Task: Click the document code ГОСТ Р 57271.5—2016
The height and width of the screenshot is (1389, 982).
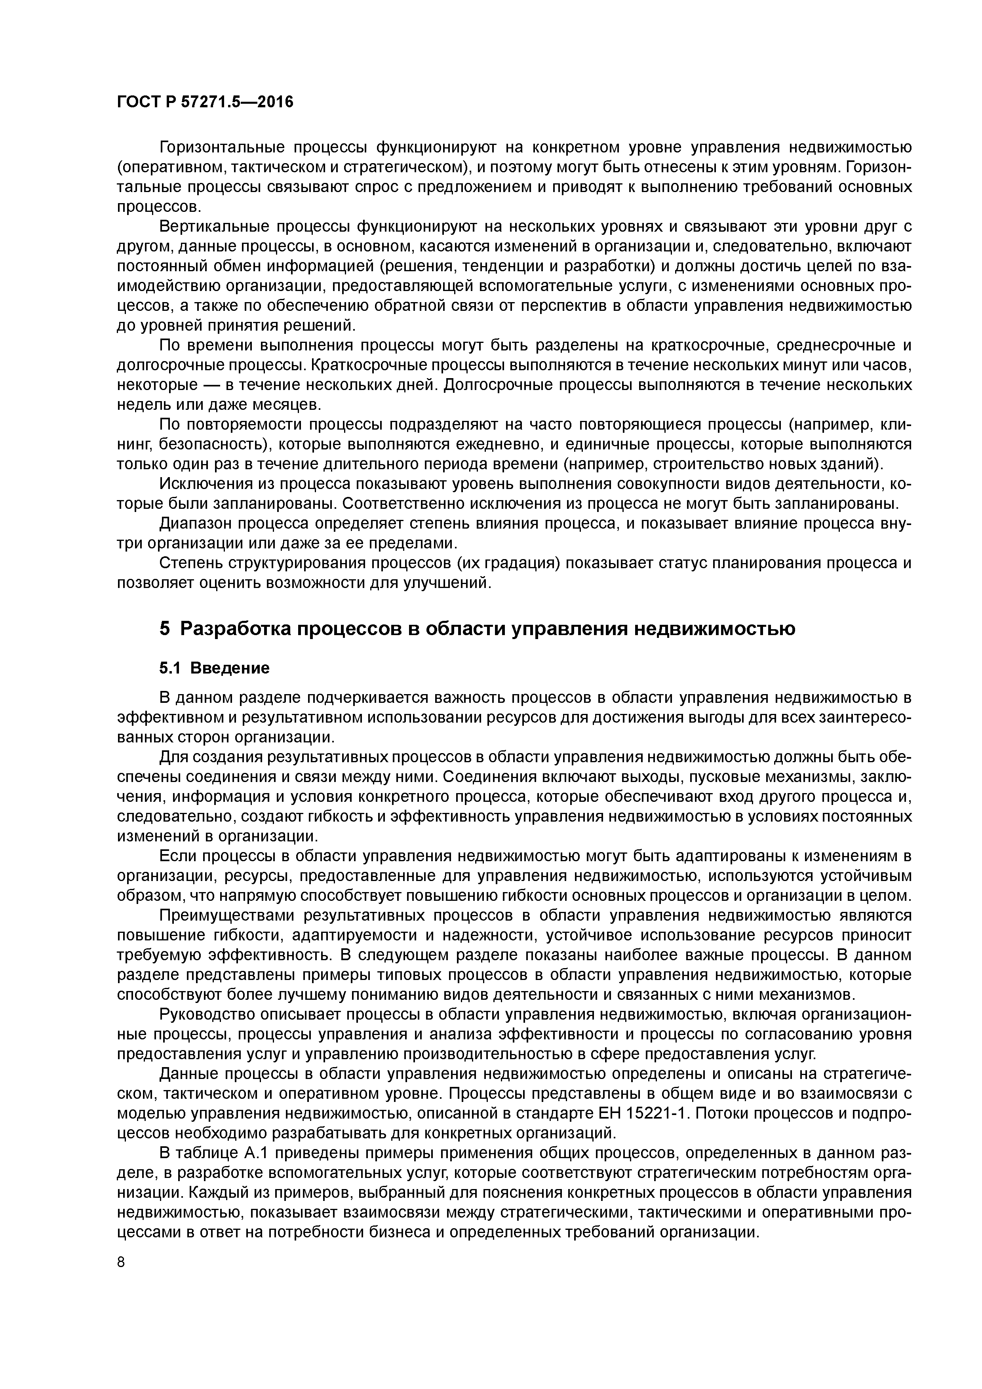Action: (x=204, y=102)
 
